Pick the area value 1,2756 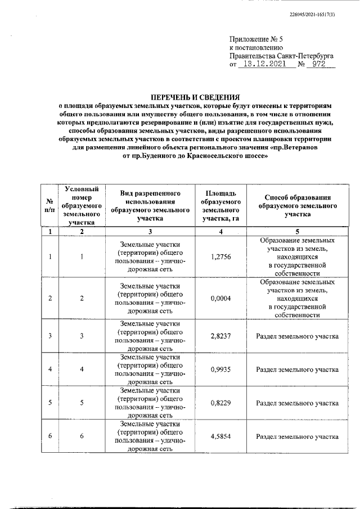coord(220,256)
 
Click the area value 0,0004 coord(220,298)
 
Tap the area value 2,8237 coord(220,336)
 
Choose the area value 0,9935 coord(220,370)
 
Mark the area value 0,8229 coord(220,403)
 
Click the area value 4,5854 coord(220,436)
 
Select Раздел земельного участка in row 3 coord(297,336)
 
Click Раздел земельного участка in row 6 coord(297,436)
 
